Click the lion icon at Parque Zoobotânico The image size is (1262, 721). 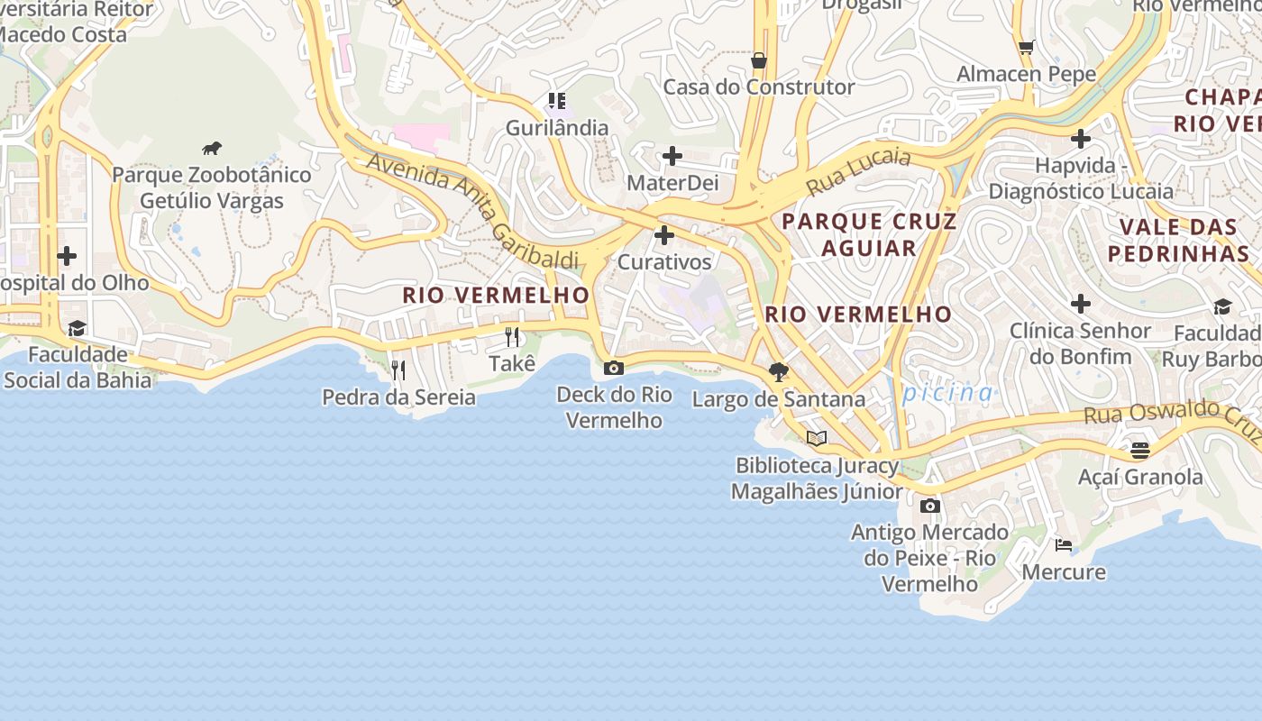[212, 149]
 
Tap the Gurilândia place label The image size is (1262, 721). [556, 128]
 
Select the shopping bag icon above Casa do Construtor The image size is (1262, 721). [759, 60]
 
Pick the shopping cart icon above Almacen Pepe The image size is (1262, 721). [1026, 47]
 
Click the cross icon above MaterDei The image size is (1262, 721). [672, 157]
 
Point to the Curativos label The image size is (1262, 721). [664, 262]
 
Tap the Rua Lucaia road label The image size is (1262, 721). [858, 171]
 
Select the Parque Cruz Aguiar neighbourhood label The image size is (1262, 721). [869, 234]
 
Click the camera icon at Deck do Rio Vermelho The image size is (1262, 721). [614, 368]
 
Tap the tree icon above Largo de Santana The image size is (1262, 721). [779, 372]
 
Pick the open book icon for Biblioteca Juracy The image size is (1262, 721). [817, 439]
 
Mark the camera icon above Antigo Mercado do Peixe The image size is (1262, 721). [930, 507]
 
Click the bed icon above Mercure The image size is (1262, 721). [1064, 545]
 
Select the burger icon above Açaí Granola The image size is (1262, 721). [1140, 450]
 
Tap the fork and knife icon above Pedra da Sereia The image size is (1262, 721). [398, 370]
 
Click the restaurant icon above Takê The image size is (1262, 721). [512, 337]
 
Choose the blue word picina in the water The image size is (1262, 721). [947, 393]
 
